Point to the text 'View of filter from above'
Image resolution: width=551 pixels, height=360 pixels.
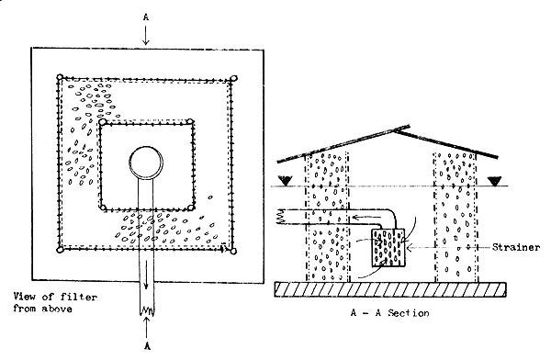[57, 300]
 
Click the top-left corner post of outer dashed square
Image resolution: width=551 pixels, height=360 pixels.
[60, 78]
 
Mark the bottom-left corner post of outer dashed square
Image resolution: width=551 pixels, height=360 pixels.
[60, 249]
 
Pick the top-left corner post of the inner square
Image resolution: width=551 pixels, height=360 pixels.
[104, 121]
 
